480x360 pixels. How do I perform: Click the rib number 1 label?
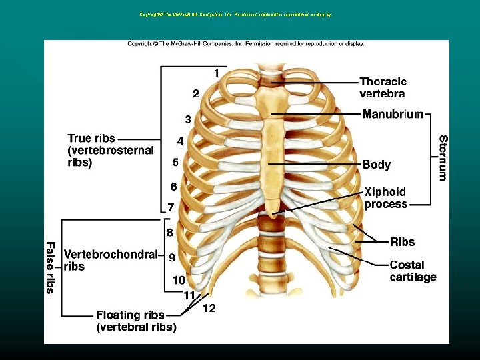(216, 72)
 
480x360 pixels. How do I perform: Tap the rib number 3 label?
(188, 119)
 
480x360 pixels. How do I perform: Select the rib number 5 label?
(175, 162)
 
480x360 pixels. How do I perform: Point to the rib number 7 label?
(171, 207)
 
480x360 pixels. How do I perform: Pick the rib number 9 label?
(171, 257)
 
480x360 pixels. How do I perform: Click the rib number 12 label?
(209, 309)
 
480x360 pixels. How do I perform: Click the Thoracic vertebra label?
(383, 87)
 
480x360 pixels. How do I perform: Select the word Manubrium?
(393, 115)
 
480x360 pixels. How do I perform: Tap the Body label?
(377, 164)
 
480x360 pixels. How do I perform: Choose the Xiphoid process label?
(385, 198)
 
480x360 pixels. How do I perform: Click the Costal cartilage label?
(413, 271)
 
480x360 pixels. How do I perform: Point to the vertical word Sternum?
(443, 158)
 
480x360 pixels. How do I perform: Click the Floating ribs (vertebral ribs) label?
(136, 321)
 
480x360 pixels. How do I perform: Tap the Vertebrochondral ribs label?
(110, 260)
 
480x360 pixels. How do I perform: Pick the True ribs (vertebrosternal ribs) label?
(110, 150)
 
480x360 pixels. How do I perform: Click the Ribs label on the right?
(402, 242)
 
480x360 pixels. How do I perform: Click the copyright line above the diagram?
(246, 44)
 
